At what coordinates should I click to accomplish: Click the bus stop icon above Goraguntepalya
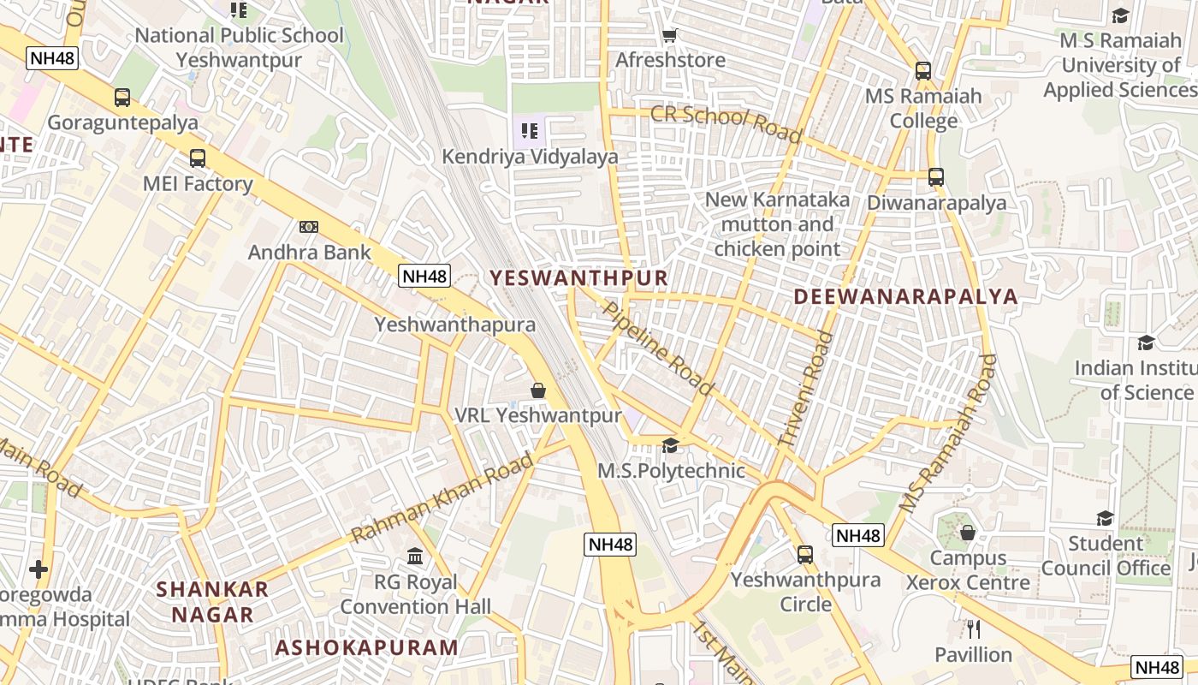point(122,98)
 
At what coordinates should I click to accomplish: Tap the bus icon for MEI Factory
point(198,158)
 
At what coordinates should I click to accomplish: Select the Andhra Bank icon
point(309,227)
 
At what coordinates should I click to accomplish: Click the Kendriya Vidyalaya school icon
point(530,131)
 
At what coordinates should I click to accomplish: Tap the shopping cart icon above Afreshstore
point(670,35)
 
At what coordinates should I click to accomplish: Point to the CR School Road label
point(727,123)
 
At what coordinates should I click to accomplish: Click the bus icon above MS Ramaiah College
point(922,71)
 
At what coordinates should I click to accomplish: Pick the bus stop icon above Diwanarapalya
point(936,177)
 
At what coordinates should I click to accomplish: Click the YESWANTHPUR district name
point(578,277)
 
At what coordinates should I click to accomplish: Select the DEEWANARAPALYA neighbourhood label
point(906,296)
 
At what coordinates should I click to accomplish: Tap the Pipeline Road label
point(657,347)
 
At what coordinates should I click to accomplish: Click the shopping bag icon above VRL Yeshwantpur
point(538,390)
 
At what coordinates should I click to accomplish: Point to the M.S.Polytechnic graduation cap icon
point(671,445)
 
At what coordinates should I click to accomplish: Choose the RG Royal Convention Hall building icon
point(415,557)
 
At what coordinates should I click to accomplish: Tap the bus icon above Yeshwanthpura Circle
point(805,554)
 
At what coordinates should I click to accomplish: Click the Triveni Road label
point(805,389)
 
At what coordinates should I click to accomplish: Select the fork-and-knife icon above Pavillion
point(973,629)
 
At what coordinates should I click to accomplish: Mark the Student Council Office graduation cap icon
point(1105,518)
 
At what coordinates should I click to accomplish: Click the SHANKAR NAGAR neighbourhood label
point(212,601)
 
